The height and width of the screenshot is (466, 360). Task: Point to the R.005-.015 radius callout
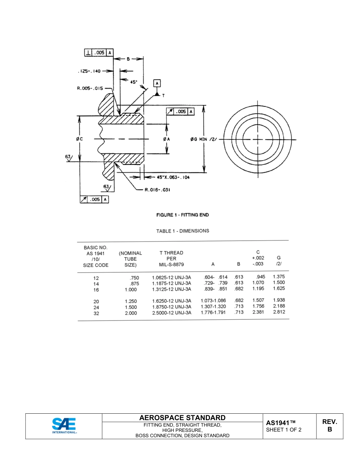click(90, 88)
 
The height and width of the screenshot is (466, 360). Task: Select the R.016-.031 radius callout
click(157, 190)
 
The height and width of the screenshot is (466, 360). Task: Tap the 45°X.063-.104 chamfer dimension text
click(173, 177)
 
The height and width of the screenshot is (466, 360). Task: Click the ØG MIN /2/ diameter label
click(203, 139)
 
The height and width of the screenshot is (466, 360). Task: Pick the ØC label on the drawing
click(79, 139)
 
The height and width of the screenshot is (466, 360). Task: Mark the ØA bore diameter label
click(166, 139)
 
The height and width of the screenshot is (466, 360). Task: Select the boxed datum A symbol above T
click(157, 83)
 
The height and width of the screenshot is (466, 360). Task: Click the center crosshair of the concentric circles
click(258, 139)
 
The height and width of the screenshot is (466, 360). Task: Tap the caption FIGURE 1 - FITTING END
click(182, 215)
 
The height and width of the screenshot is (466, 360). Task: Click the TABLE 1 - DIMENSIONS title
click(182, 231)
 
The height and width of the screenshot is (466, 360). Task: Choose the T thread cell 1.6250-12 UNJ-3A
click(171, 301)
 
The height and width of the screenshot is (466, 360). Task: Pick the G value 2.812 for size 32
click(279, 312)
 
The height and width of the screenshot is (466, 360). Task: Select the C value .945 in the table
click(260, 277)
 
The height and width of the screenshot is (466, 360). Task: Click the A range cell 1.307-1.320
click(213, 307)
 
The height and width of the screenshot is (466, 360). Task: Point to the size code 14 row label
click(96, 284)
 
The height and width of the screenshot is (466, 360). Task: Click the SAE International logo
click(64, 426)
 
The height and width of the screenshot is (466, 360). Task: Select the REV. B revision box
click(329, 426)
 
